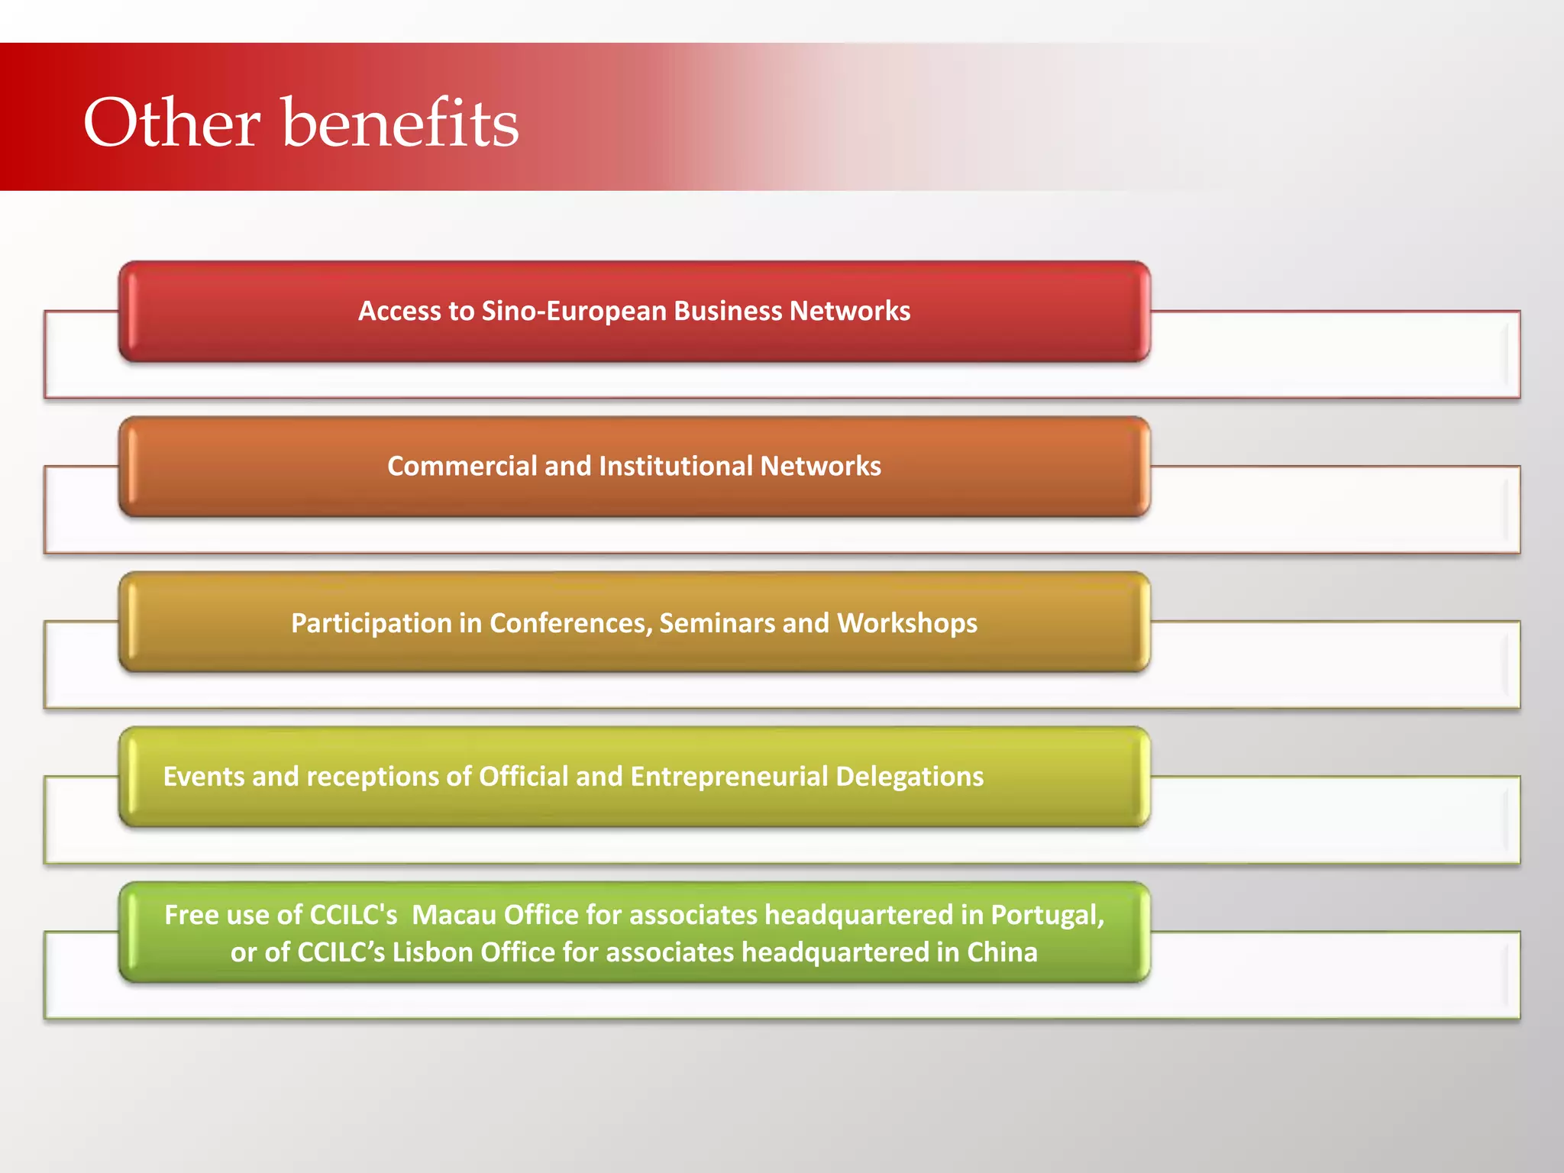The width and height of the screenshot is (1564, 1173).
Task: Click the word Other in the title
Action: pyautogui.click(x=172, y=123)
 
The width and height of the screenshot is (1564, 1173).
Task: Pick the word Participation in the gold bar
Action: pyautogui.click(x=371, y=623)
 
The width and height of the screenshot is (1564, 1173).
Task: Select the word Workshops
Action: pyautogui.click(x=907, y=623)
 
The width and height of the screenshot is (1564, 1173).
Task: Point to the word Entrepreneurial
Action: pyautogui.click(x=729, y=777)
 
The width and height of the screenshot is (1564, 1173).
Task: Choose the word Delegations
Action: pyautogui.click(x=910, y=777)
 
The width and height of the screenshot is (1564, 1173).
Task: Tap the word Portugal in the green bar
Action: pyautogui.click(x=1047, y=915)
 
